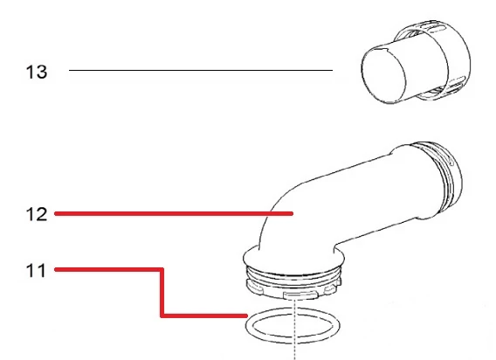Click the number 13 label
pyautogui.click(x=37, y=72)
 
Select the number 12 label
pyautogui.click(x=37, y=214)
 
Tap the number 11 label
pyautogui.click(x=36, y=271)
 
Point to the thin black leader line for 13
pyautogui.click(x=201, y=70)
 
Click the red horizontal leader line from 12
pyautogui.click(x=174, y=214)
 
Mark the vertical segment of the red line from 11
pyautogui.click(x=162, y=293)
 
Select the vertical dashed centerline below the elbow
pyautogui.click(x=295, y=330)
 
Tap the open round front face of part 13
pyautogui.click(x=383, y=75)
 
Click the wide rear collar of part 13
pyautogui.click(x=456, y=60)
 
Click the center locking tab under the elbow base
pyautogui.click(x=300, y=295)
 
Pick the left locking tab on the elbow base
pyautogui.click(x=255, y=287)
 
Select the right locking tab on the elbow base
pyautogui.click(x=331, y=287)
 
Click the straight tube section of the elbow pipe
pyautogui.click(x=364, y=193)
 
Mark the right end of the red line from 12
pyautogui.click(x=293, y=214)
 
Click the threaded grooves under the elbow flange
pyautogui.click(x=293, y=275)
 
